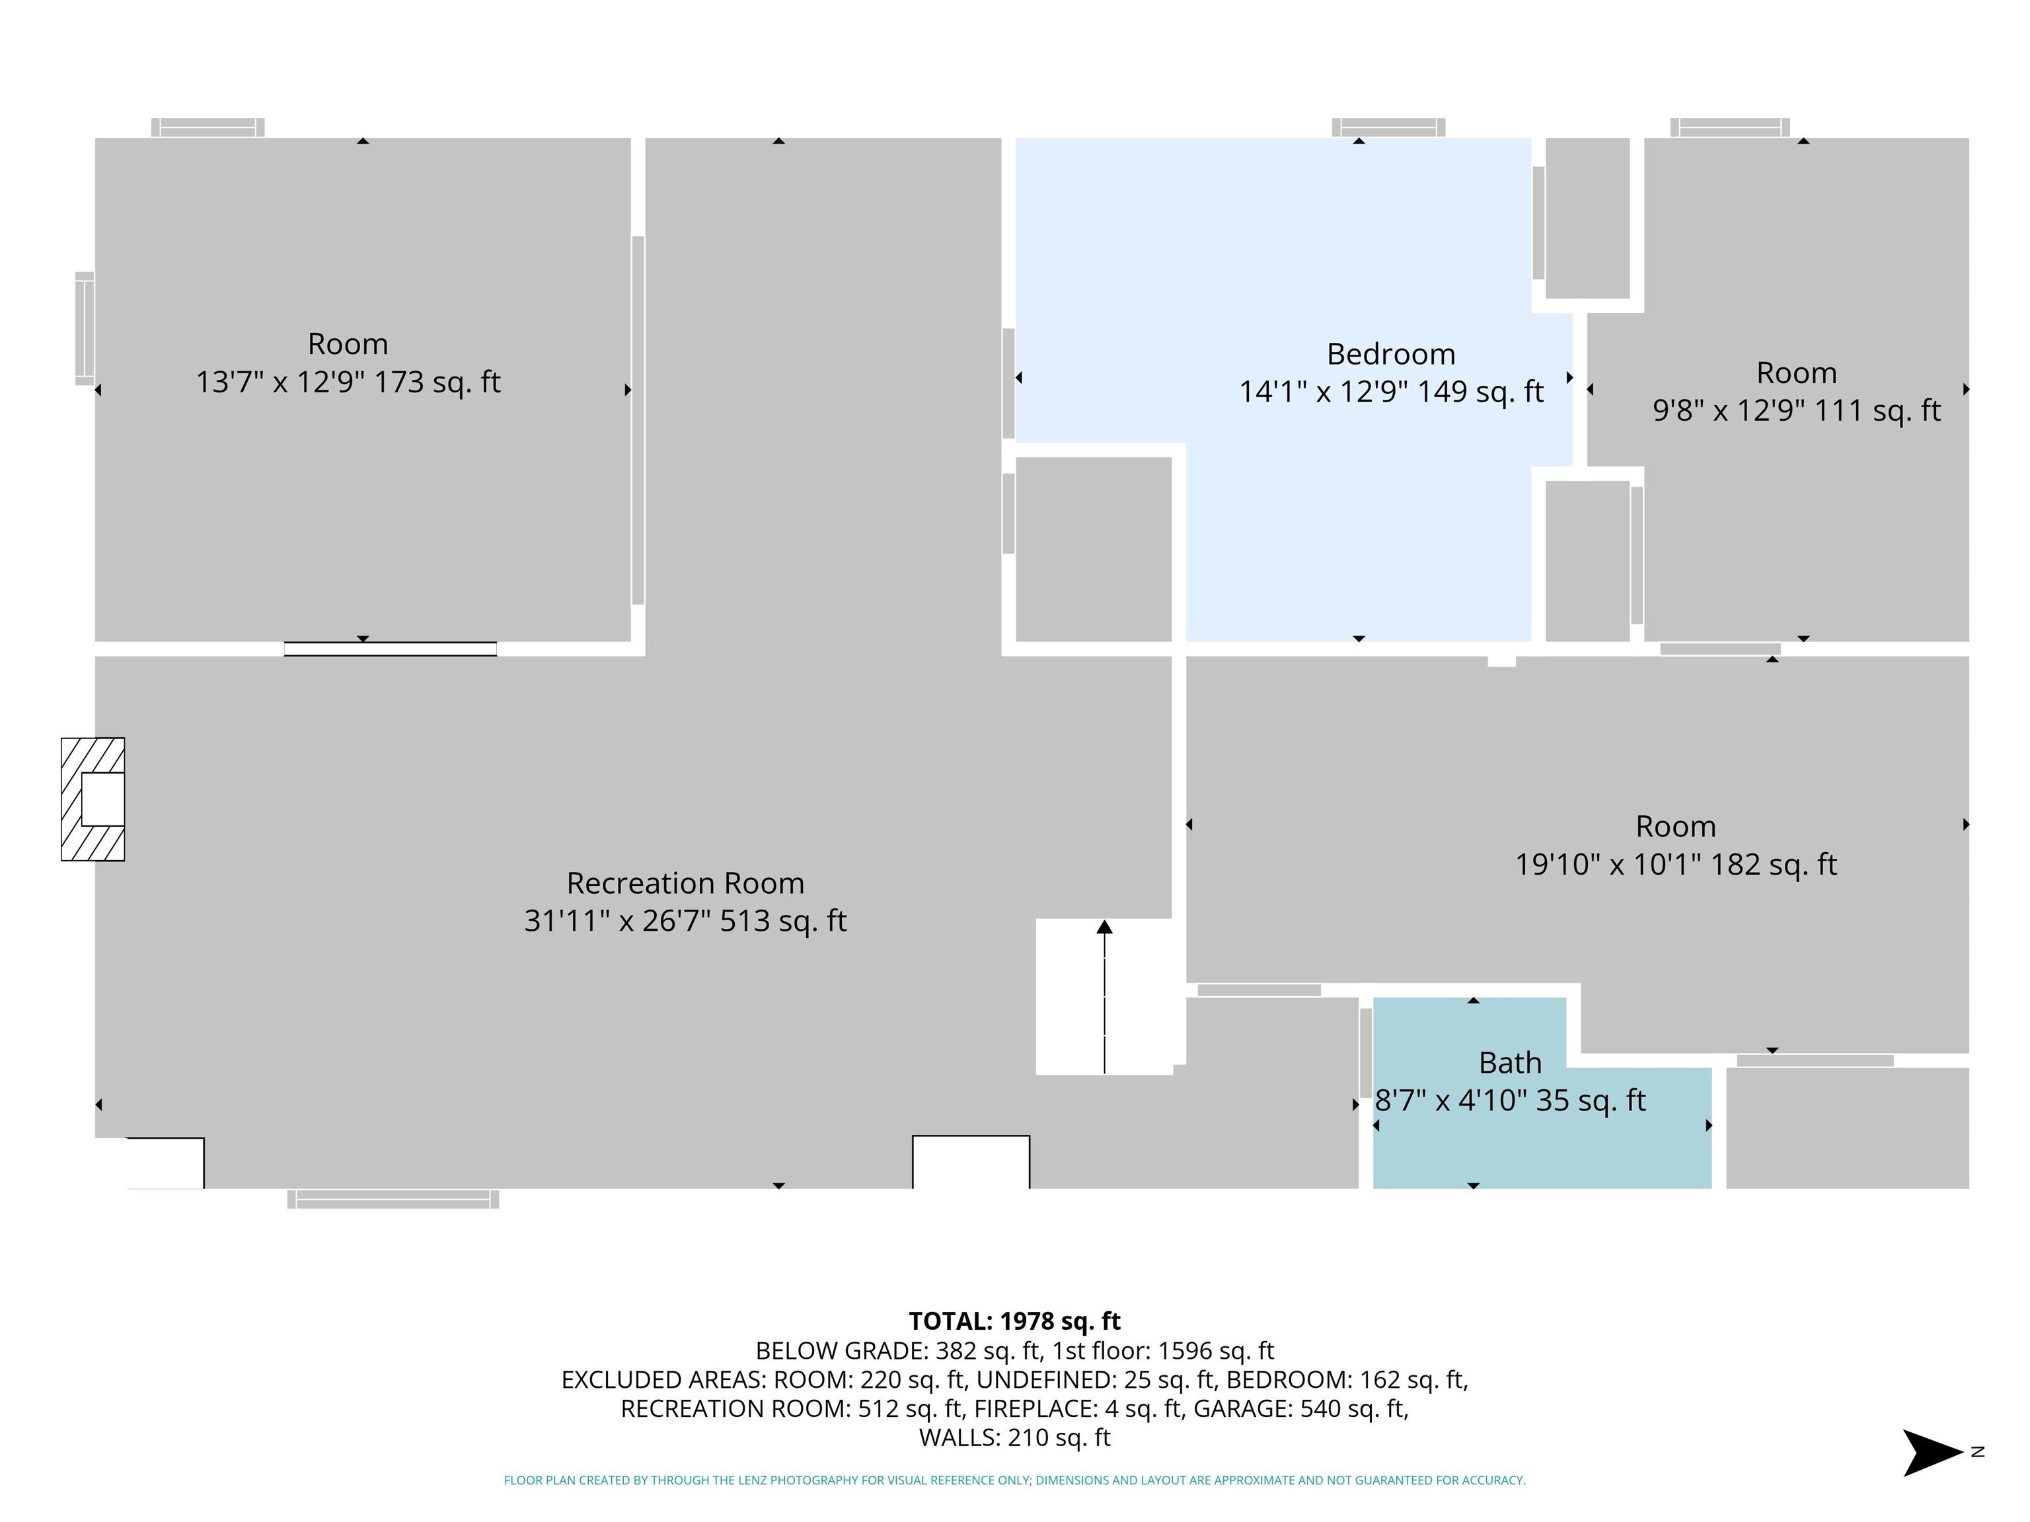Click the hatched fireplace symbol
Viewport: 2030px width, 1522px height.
[x=93, y=799]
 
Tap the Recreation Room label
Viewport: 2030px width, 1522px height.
[x=685, y=883]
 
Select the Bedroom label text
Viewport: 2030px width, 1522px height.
[x=1390, y=354]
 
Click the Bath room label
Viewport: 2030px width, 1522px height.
[x=1510, y=1062]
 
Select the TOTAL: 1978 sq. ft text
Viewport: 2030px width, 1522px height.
[x=1014, y=1321]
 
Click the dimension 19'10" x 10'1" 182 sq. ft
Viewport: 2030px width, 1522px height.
[x=1676, y=864]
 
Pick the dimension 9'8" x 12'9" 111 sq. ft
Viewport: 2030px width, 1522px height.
[x=1796, y=410]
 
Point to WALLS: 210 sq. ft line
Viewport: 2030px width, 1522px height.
[x=1014, y=1437]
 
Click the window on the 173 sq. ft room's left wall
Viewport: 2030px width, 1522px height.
[x=85, y=328]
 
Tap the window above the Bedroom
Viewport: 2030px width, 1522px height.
[x=1388, y=127]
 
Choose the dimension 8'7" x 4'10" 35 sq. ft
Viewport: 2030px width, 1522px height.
[x=1510, y=1100]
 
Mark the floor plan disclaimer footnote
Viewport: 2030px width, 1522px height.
[x=1014, y=1480]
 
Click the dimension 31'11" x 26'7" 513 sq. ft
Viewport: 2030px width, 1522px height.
[x=685, y=920]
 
